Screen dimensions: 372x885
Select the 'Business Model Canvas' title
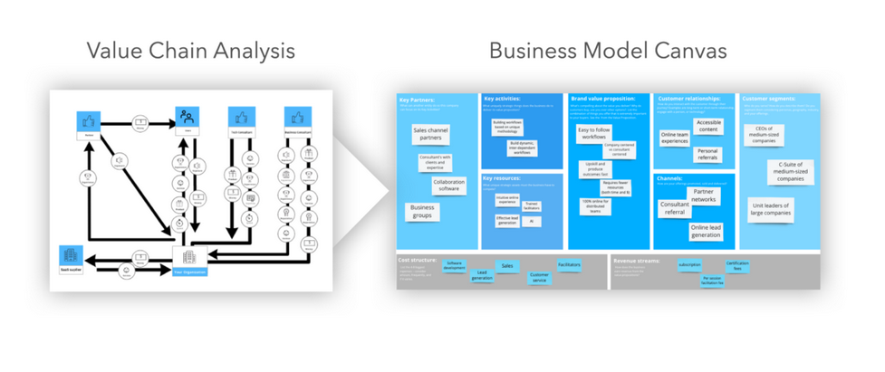click(607, 51)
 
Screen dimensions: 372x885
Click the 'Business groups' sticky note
click(422, 212)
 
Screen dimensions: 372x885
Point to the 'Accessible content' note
click(708, 127)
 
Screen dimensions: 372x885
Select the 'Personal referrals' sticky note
click(707, 155)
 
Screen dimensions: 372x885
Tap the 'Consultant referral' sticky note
click(676, 209)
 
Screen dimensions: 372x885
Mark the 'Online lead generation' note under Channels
click(705, 232)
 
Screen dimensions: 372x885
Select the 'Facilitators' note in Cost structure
click(569, 265)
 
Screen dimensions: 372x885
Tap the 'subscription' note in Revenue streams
click(689, 265)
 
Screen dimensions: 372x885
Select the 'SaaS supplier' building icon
click(72, 255)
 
